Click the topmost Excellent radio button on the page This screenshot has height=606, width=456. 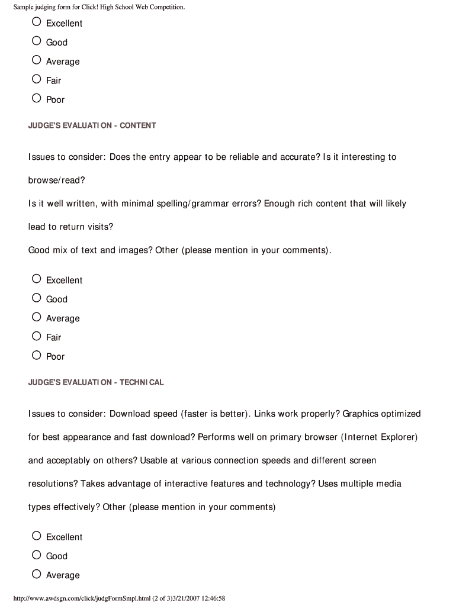(x=37, y=22)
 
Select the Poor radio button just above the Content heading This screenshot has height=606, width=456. (x=37, y=98)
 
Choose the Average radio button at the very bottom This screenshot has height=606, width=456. (x=37, y=574)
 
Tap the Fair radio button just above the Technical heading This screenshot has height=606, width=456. (x=37, y=336)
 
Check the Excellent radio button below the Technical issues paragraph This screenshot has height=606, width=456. (x=37, y=536)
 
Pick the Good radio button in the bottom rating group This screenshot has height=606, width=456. (x=37, y=555)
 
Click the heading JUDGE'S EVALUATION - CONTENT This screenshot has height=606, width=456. (x=92, y=125)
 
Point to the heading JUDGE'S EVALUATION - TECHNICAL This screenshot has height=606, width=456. (x=96, y=382)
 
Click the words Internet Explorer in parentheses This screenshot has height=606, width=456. (x=379, y=437)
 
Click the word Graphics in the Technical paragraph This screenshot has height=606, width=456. (x=361, y=414)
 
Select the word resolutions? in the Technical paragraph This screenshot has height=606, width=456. (x=53, y=484)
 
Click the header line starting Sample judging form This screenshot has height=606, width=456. (x=99, y=7)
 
